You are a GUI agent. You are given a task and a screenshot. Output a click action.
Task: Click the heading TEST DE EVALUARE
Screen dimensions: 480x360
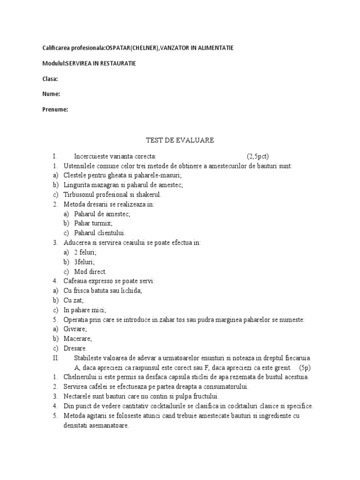click(x=180, y=140)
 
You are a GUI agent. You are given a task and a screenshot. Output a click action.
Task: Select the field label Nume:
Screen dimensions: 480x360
click(x=51, y=94)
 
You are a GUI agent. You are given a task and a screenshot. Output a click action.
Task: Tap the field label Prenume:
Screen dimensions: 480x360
click(x=55, y=110)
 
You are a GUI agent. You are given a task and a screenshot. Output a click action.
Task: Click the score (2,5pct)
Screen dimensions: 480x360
click(x=258, y=156)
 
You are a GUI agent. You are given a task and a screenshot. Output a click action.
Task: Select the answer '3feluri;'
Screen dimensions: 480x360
click(x=84, y=262)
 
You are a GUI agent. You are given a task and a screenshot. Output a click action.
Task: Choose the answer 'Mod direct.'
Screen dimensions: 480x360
click(x=90, y=271)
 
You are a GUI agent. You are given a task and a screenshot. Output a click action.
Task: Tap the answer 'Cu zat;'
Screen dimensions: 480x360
click(x=73, y=300)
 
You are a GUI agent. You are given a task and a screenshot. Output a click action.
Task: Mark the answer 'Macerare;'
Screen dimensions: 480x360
click(x=78, y=338)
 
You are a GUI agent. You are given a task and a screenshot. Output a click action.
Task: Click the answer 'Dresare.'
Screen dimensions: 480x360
click(x=75, y=348)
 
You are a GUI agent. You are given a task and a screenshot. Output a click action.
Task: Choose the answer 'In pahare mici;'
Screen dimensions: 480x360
click(x=85, y=310)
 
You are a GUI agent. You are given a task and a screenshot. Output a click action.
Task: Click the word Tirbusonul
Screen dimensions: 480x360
click(x=81, y=194)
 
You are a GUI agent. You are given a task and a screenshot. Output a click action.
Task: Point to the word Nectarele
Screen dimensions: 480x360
click(x=78, y=396)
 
